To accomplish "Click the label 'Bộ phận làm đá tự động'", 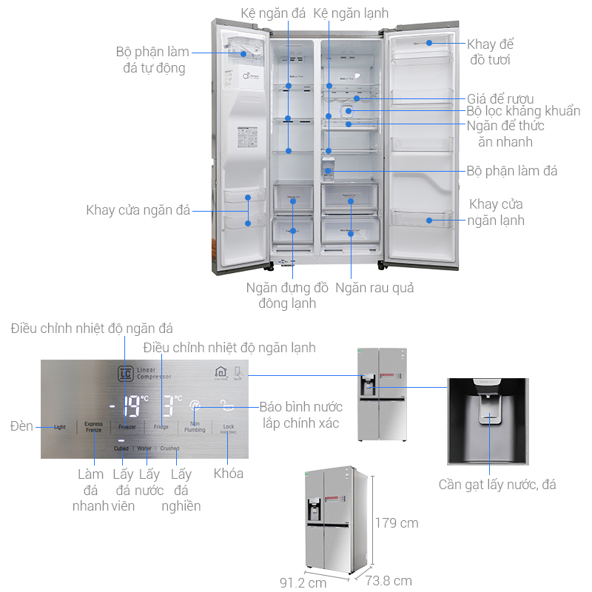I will click(x=152, y=60).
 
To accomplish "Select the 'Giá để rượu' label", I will click(x=500, y=98).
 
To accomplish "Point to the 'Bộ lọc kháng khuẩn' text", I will click(x=523, y=111).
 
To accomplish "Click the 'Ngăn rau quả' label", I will click(x=374, y=287).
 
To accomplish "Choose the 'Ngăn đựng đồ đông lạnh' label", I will click(x=287, y=295).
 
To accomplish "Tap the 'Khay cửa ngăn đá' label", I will click(x=138, y=210).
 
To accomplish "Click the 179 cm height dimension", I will click(x=397, y=523).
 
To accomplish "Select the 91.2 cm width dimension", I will click(x=303, y=582).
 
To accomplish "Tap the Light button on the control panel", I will click(x=60, y=427).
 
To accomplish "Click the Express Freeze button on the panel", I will click(x=93, y=428).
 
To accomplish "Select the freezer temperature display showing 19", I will click(x=132, y=406).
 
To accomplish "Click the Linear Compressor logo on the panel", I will click(x=144, y=373).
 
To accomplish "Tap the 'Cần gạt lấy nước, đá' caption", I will click(x=497, y=485).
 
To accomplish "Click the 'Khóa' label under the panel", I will click(x=229, y=474).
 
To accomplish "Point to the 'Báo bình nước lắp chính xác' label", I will click(x=301, y=415).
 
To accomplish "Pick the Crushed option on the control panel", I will click(x=169, y=448).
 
